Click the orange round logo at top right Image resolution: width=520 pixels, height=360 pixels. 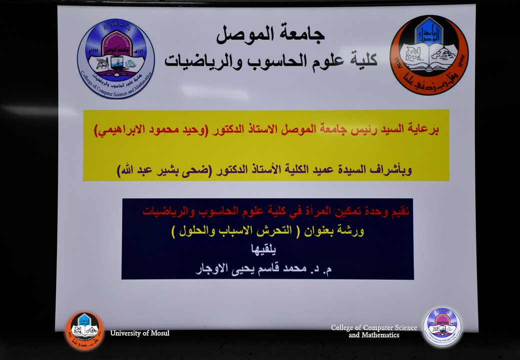click(x=429, y=54)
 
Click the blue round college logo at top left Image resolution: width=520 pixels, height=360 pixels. click(x=116, y=58)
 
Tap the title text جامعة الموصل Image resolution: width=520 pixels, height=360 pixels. click(x=270, y=34)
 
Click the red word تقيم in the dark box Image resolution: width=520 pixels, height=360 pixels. click(x=400, y=212)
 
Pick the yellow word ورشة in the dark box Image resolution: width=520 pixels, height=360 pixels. click(x=352, y=231)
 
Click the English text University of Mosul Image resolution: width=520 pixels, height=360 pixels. click(x=139, y=333)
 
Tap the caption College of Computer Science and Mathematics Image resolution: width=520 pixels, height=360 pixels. click(x=374, y=331)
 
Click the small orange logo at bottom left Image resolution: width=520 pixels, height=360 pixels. click(x=84, y=330)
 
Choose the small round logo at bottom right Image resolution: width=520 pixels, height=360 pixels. click(x=442, y=327)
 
